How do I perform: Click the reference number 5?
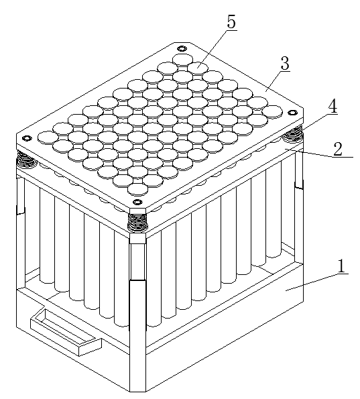[231, 22]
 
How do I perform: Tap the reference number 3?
[285, 63]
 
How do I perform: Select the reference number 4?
[333, 107]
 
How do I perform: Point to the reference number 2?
[338, 149]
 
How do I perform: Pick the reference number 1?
[341, 266]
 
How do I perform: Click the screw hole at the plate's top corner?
[182, 48]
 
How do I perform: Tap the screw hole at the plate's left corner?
[26, 138]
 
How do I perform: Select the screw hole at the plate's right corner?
[292, 112]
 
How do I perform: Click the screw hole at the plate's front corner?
[137, 203]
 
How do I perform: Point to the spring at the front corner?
[137, 222]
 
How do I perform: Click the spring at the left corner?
[26, 160]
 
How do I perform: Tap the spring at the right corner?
[293, 133]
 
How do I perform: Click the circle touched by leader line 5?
[198, 68]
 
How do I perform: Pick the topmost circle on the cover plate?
[182, 59]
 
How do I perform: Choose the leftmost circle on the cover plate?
[48, 137]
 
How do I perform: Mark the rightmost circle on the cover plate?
[272, 111]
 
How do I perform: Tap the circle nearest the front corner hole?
[137, 189]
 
